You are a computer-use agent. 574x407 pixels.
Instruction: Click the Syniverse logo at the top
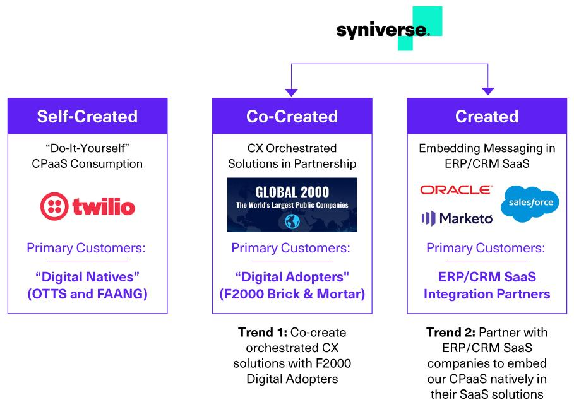click(x=390, y=29)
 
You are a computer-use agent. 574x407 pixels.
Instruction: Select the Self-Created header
click(x=88, y=116)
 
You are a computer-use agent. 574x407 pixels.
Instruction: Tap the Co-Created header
click(x=292, y=116)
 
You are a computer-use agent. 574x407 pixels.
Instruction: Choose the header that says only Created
click(x=487, y=116)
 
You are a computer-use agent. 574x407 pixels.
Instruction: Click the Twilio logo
click(x=88, y=206)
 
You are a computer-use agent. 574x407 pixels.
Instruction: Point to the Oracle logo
click(x=456, y=190)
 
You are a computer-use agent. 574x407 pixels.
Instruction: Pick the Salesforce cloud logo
click(x=530, y=204)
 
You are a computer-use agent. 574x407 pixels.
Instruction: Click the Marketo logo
click(x=457, y=218)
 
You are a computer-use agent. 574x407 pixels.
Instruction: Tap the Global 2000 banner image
click(x=292, y=205)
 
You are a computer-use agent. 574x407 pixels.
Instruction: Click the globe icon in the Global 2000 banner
click(x=292, y=221)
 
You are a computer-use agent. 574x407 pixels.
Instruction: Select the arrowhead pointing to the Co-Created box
click(x=291, y=93)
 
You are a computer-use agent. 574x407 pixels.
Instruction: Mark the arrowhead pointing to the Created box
click(x=488, y=91)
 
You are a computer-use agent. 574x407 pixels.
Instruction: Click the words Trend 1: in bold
click(x=263, y=333)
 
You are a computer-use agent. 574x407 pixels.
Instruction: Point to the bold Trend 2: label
click(x=451, y=333)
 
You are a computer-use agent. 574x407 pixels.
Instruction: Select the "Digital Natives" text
click(x=88, y=277)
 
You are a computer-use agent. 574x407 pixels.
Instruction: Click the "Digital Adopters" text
click(x=292, y=277)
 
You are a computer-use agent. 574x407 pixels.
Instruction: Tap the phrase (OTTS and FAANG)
click(x=88, y=294)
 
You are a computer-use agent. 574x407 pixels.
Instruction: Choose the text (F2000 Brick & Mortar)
click(x=292, y=294)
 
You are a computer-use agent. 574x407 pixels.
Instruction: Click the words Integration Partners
click(x=487, y=294)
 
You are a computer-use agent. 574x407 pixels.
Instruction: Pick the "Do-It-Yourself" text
click(x=88, y=148)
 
